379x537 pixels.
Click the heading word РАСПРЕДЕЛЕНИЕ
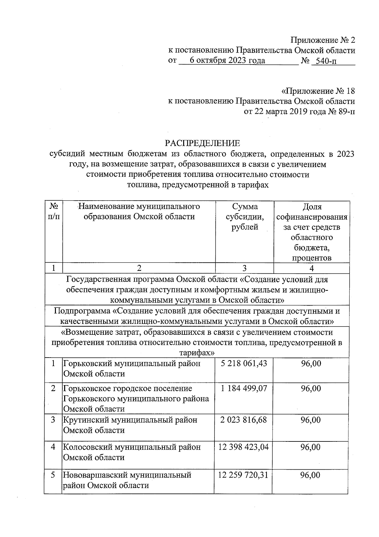pyautogui.click(x=202, y=143)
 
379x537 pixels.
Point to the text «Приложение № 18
pyautogui.click(x=318, y=91)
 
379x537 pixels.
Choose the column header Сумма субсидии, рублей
pyautogui.click(x=245, y=217)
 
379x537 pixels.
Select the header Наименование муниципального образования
pyautogui.click(x=139, y=212)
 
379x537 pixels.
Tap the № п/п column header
pyautogui.click(x=54, y=212)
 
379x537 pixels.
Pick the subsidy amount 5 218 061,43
pyautogui.click(x=244, y=364)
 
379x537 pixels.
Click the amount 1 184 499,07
pyautogui.click(x=244, y=388)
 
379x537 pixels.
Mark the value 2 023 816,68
pyautogui.click(x=244, y=420)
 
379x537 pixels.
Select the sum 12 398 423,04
pyautogui.click(x=244, y=447)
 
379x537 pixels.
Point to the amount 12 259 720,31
pyautogui.click(x=243, y=475)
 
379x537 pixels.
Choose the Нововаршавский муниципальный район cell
pyautogui.click(x=127, y=480)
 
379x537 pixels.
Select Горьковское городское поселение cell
pyautogui.click(x=136, y=398)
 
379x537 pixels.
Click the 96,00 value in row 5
pyautogui.click(x=311, y=475)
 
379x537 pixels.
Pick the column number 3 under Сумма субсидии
pyautogui.click(x=244, y=268)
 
